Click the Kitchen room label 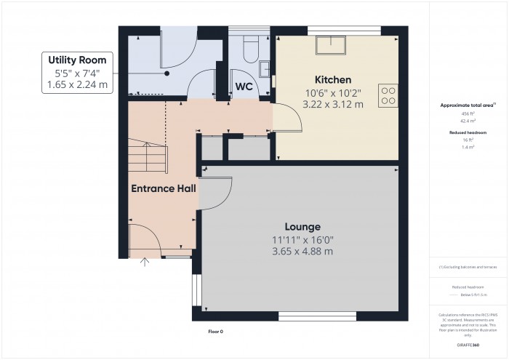pos(333,79)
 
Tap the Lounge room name pos(302,226)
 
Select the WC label pos(244,87)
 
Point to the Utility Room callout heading pos(77,59)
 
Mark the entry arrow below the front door pos(144,261)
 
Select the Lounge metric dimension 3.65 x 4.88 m pos(302,252)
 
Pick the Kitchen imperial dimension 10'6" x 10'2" pos(333,92)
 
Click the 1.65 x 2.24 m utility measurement pos(77,84)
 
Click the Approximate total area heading pos(467,105)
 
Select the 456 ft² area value pos(467,115)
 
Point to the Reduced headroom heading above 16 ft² pos(467,132)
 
